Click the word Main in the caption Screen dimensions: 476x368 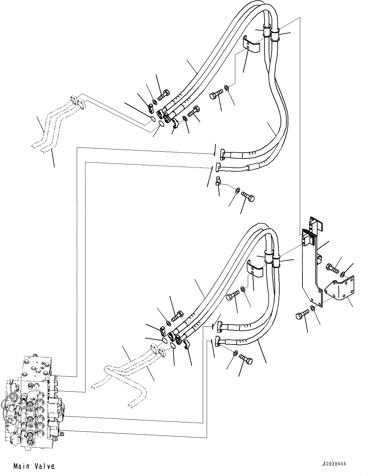click(x=22, y=466)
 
